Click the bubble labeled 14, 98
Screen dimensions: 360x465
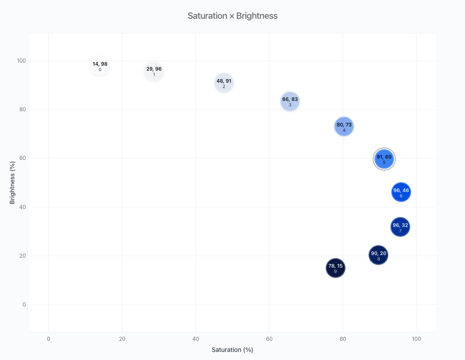(x=100, y=66)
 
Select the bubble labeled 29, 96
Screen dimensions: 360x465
(x=154, y=71)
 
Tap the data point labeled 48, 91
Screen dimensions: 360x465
(x=224, y=83)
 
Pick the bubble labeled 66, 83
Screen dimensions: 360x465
(x=290, y=101)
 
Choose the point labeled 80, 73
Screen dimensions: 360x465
(x=344, y=126)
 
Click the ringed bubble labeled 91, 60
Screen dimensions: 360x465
(x=384, y=159)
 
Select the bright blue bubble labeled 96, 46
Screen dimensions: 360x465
(x=401, y=192)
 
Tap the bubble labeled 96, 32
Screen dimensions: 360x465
(x=400, y=227)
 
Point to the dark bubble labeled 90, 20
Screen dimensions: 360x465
(x=378, y=255)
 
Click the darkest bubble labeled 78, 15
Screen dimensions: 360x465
(x=336, y=268)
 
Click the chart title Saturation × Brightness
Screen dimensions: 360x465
(x=232, y=16)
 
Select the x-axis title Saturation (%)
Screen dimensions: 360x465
(x=232, y=350)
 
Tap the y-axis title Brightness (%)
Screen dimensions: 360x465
(x=13, y=183)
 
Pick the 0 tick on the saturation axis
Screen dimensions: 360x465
(x=49, y=339)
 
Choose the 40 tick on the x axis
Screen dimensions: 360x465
(x=195, y=339)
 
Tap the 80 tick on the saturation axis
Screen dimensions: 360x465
(x=343, y=339)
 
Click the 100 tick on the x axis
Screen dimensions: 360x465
(x=416, y=339)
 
